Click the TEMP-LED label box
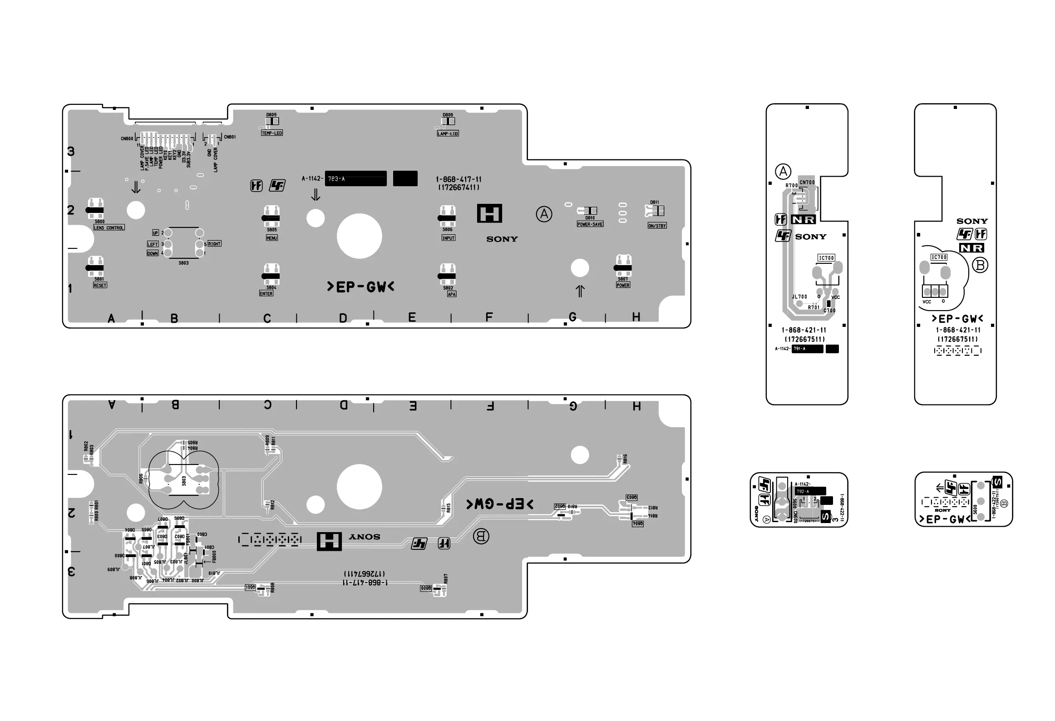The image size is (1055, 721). pyautogui.click(x=271, y=133)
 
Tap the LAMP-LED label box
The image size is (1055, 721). pyautogui.click(x=448, y=133)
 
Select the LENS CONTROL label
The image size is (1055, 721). pyautogui.click(x=109, y=227)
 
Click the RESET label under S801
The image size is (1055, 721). pyautogui.click(x=100, y=285)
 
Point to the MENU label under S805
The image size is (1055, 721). pyautogui.click(x=271, y=238)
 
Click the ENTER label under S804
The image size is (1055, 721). pyautogui.click(x=266, y=294)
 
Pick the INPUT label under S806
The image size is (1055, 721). pyautogui.click(x=448, y=238)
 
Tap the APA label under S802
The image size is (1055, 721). pyautogui.click(x=451, y=294)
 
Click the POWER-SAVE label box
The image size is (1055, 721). pyautogui.click(x=590, y=224)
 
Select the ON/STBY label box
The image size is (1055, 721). pyautogui.click(x=657, y=226)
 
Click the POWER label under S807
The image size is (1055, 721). pyautogui.click(x=623, y=285)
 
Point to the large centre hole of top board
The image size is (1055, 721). pyautogui.click(x=359, y=236)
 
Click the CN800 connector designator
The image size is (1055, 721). pyautogui.click(x=127, y=138)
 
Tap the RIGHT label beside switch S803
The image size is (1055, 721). pyautogui.click(x=214, y=244)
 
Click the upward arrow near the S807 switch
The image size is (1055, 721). pyautogui.click(x=580, y=291)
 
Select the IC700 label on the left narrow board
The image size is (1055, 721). pyautogui.click(x=826, y=258)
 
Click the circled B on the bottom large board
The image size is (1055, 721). pyautogui.click(x=481, y=536)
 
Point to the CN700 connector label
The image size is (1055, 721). pyautogui.click(x=807, y=183)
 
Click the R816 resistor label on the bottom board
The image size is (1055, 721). pyautogui.click(x=625, y=459)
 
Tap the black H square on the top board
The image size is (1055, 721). pyautogui.click(x=489, y=213)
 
